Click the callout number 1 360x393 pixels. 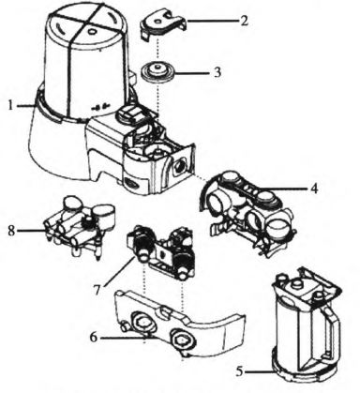click(11, 105)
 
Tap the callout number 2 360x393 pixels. click(244, 21)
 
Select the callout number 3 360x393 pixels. click(217, 72)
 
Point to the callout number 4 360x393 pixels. click(314, 189)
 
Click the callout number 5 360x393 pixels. click(239, 371)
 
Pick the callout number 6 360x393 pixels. click(94, 338)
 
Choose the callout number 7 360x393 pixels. click(97, 290)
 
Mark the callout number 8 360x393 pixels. click(11, 231)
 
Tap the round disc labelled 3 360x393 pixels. click(157, 72)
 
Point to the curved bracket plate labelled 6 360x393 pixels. click(178, 326)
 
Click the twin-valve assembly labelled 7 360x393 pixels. click(162, 250)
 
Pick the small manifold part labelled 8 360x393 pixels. click(80, 225)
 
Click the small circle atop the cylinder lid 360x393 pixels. click(92, 32)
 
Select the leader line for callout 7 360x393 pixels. click(119, 271)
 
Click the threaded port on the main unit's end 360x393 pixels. click(179, 164)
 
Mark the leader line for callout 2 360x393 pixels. click(213, 21)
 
